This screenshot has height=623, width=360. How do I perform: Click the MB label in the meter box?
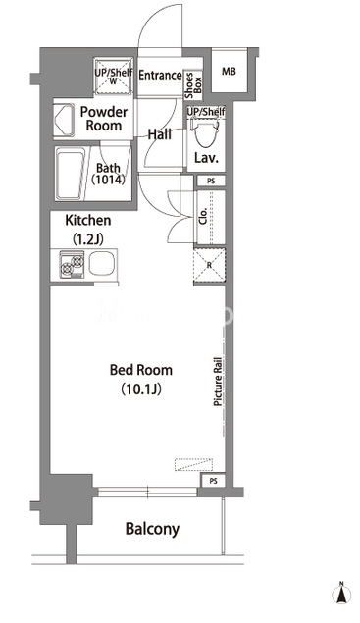(229, 72)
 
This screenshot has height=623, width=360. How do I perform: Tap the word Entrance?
(160, 76)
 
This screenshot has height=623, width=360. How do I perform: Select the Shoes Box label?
(193, 85)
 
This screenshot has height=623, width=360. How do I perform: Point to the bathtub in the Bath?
(71, 174)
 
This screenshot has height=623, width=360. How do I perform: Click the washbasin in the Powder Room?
(64, 121)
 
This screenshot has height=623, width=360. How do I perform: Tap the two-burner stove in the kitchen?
(72, 264)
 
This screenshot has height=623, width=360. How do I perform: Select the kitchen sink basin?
(102, 264)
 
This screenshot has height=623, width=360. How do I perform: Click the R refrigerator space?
(209, 265)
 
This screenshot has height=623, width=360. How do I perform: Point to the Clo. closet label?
(203, 216)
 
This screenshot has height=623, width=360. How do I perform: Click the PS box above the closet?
(211, 181)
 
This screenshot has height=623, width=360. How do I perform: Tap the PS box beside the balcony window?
(214, 481)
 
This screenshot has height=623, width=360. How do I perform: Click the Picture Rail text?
(218, 382)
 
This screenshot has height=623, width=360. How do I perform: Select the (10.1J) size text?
(141, 389)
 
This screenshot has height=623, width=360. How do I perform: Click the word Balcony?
(152, 529)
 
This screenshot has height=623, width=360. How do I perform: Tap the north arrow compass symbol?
(341, 594)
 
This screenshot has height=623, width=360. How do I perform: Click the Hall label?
(160, 134)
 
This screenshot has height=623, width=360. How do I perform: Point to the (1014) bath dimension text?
(108, 180)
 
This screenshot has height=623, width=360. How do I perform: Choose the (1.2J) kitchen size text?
(88, 239)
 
